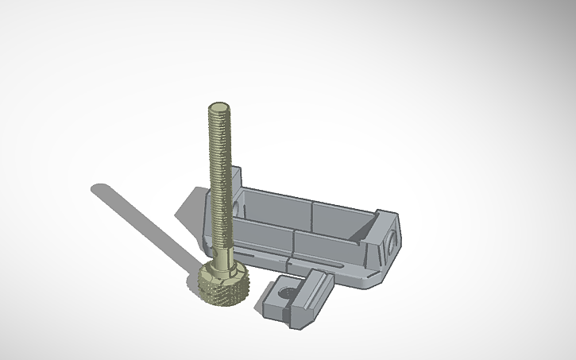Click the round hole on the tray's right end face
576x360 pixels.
[x=392, y=242]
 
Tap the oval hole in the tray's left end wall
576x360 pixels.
[x=238, y=203]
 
